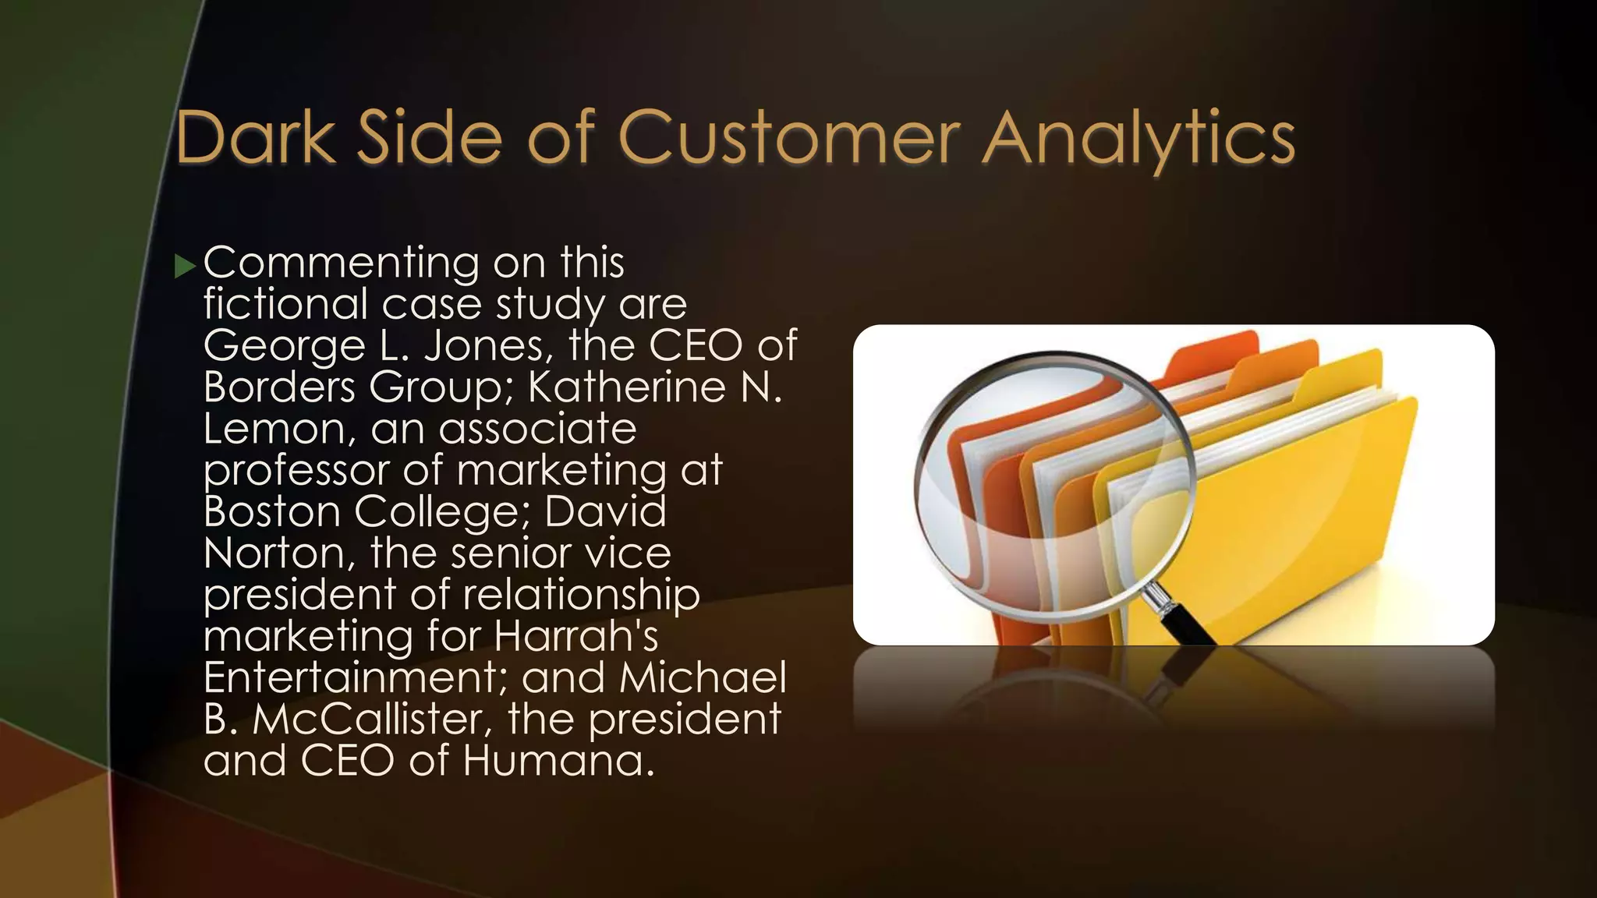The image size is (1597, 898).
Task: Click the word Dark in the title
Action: click(256, 138)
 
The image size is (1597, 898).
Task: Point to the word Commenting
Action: click(341, 263)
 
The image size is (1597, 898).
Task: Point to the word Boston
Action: click(272, 511)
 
